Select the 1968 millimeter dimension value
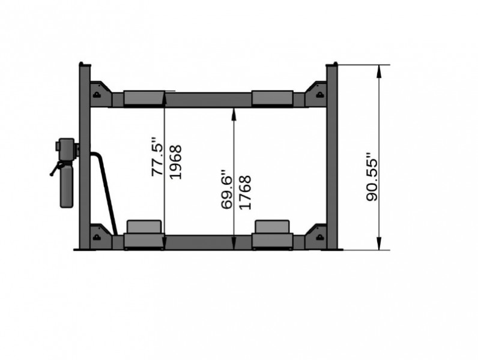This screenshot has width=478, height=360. [175, 161]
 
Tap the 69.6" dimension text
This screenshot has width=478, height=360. [226, 188]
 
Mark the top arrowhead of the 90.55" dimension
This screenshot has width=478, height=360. [379, 71]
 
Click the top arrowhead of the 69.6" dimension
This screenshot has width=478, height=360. [233, 113]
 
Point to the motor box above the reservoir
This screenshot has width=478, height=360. [64, 148]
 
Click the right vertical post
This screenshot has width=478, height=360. [333, 156]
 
